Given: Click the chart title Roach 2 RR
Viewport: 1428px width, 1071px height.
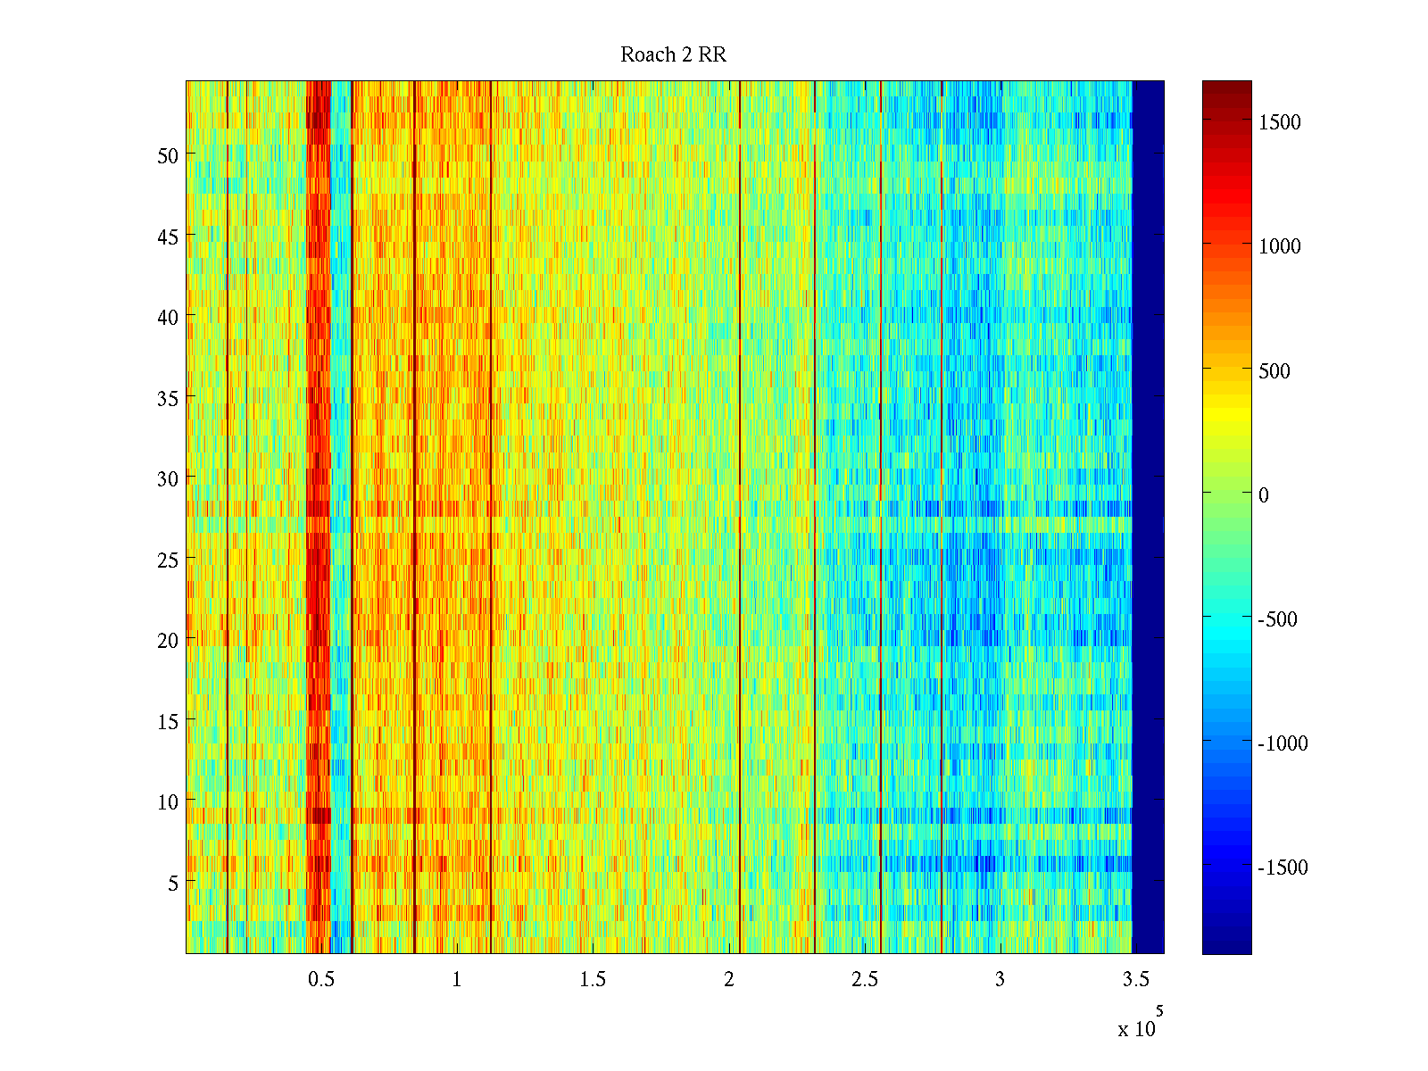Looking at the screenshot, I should coord(673,55).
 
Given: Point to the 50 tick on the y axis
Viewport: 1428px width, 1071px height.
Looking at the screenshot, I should coord(168,155).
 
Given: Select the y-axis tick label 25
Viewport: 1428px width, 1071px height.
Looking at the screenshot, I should coord(168,560).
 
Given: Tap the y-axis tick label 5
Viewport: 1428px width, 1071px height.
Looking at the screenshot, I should coord(173,883).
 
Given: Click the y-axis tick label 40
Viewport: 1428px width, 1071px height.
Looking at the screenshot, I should coord(168,317).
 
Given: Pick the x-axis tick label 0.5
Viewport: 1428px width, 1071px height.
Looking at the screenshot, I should coord(321,979).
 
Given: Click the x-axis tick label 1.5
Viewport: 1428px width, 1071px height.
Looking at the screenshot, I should coord(593,979).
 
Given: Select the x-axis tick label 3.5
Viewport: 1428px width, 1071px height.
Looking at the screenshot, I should coord(1135,979).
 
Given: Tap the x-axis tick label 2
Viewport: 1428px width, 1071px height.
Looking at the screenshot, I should coord(729,979).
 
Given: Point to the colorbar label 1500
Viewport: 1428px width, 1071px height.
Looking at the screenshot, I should coord(1280,123).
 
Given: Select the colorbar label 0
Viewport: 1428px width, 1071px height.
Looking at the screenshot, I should coord(1263,495).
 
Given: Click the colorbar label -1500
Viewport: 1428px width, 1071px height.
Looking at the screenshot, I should coord(1283,868).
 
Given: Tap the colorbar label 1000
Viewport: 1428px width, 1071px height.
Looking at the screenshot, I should coord(1280,247).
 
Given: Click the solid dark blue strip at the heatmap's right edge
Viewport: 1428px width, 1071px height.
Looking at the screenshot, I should coord(1148,518).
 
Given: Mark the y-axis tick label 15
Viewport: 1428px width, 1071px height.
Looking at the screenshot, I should coord(168,721).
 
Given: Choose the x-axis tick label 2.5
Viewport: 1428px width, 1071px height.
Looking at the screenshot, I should coord(864,979).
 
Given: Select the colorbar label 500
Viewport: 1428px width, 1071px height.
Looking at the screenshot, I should coord(1274,371).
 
